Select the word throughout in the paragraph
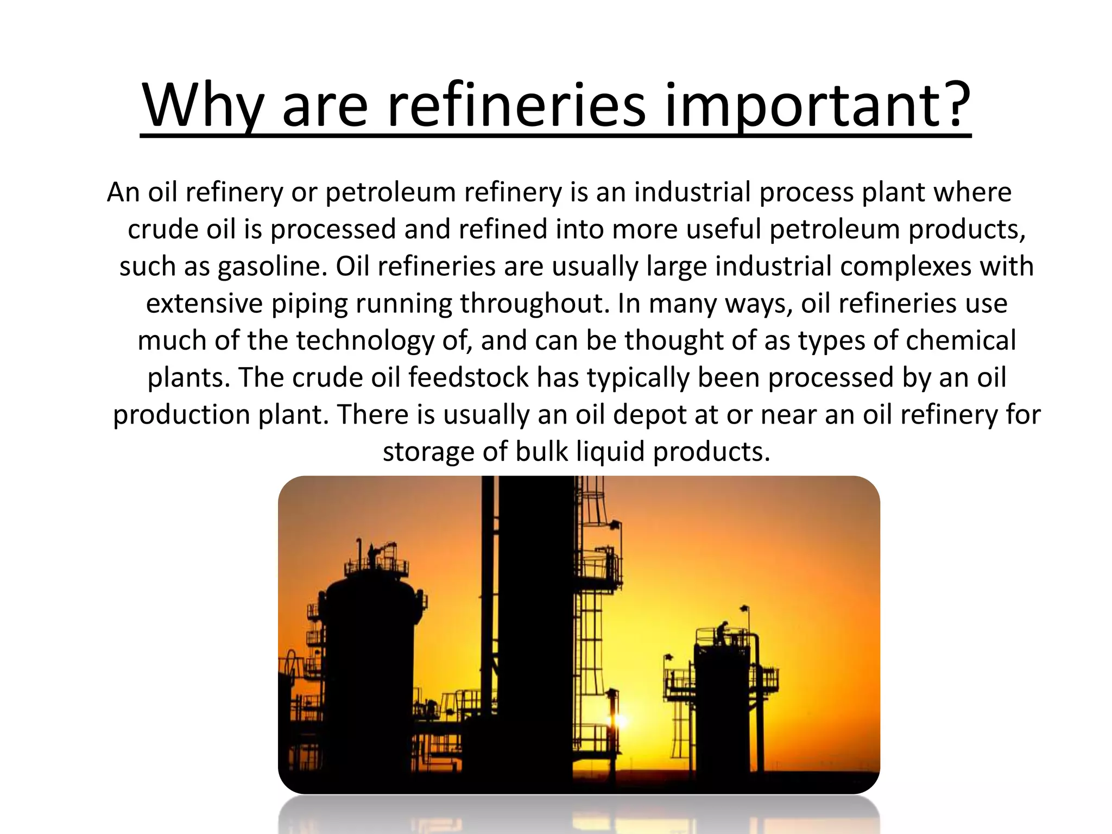[534, 304]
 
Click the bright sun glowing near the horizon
[621, 721]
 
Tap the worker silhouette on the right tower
[722, 633]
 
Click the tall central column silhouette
[535, 624]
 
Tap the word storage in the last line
[428, 451]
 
